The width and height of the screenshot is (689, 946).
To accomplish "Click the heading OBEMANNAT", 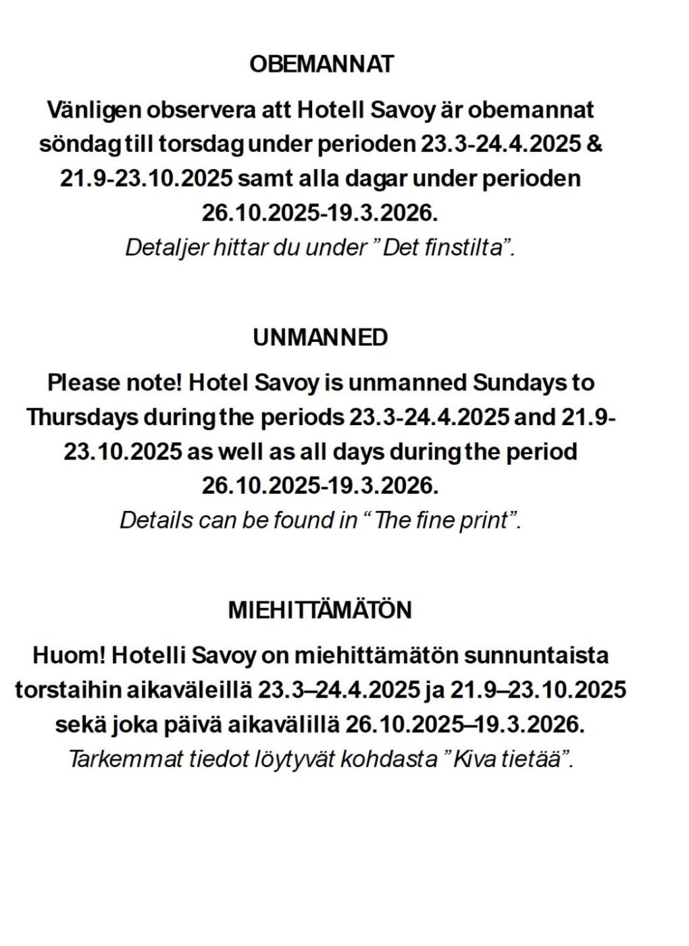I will pos(321,64).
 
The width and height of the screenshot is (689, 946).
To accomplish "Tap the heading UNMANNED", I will pos(321,337).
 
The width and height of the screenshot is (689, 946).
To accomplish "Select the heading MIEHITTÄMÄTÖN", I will pos(320,610).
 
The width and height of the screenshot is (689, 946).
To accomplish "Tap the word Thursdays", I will pos(82,417).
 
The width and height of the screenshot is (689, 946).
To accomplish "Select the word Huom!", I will pos(68,655).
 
